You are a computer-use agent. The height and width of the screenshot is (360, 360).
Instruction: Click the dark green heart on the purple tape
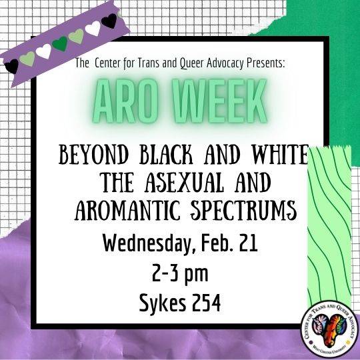click(x=60, y=43)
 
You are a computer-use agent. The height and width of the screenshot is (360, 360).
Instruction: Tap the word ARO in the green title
click(x=125, y=101)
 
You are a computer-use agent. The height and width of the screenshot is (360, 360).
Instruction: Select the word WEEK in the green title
click(x=220, y=101)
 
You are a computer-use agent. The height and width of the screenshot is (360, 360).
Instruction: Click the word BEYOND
click(x=93, y=155)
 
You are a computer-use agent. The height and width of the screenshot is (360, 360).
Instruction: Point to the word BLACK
click(x=167, y=155)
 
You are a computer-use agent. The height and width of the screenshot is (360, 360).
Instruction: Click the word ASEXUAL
click(x=184, y=183)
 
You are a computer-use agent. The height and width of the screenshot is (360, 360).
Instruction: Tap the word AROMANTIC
click(x=127, y=210)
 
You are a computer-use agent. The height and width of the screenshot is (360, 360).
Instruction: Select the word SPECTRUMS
click(x=243, y=210)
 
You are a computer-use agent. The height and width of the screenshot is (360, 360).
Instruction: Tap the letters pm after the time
click(x=197, y=275)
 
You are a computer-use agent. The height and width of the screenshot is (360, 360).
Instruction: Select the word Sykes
click(x=163, y=303)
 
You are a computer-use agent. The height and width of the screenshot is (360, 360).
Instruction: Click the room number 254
click(x=206, y=303)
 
